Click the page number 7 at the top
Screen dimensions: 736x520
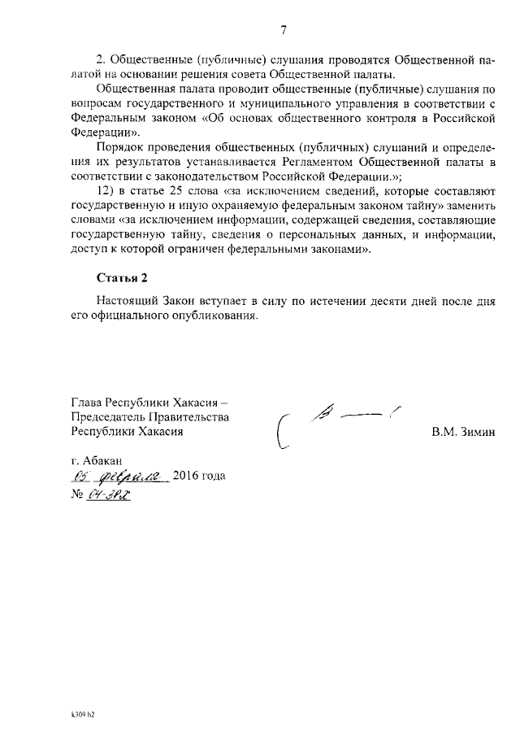(x=284, y=31)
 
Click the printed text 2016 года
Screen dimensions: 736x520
(x=199, y=477)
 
